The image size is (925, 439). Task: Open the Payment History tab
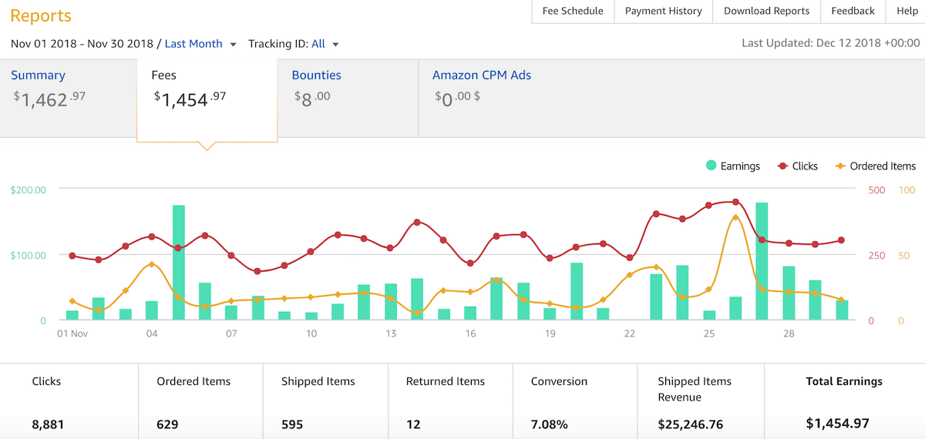[663, 11]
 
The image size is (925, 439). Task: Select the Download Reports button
[766, 11]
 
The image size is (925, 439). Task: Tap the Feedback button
[853, 11]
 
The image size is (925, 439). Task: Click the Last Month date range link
[193, 44]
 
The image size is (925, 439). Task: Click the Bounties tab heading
[316, 75]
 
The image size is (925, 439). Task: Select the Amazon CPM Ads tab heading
[481, 75]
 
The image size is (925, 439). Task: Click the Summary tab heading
[38, 75]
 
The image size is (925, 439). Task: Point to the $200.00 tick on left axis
[29, 189]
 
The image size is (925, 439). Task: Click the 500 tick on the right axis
[876, 189]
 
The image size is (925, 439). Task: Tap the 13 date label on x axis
[391, 333]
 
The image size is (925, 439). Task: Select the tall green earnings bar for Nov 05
[178, 262]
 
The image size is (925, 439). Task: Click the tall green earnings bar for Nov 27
[762, 260]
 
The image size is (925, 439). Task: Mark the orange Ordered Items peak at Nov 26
[735, 217]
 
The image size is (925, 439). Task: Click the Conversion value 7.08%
[550, 424]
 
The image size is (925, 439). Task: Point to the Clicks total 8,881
[47, 424]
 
